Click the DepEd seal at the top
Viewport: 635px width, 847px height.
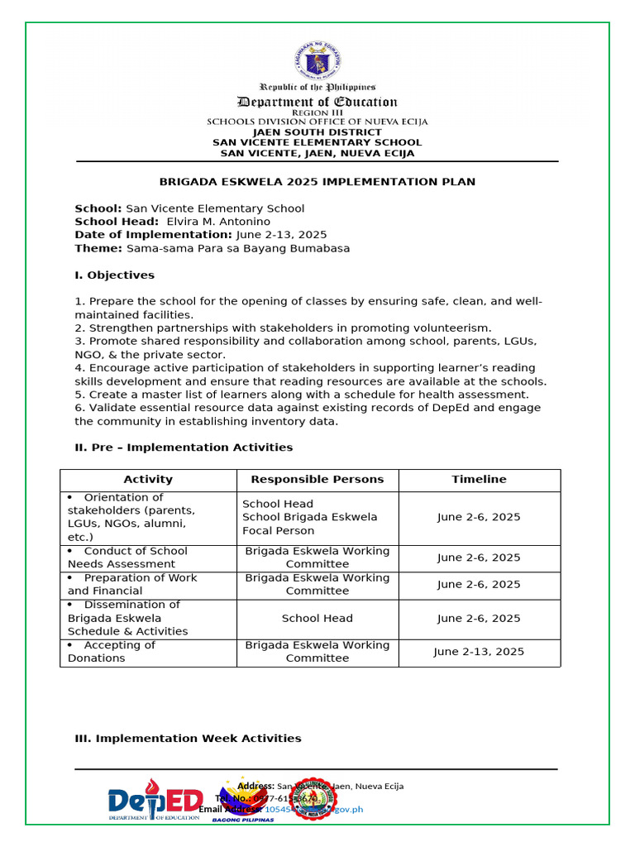(317, 57)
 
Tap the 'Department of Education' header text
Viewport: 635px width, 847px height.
(317, 102)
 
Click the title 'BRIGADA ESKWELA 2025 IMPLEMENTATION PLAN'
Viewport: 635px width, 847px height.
(317, 182)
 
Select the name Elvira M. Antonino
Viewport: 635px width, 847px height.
(218, 222)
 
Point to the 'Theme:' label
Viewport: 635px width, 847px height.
(98, 248)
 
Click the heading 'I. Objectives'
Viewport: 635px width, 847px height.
(114, 275)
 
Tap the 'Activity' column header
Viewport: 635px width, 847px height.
(148, 480)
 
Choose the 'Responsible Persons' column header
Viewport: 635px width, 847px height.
(317, 480)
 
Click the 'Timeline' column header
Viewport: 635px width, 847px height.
(479, 480)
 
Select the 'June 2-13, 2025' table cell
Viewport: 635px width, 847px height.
(479, 652)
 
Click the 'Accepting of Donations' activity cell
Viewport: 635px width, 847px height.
(148, 652)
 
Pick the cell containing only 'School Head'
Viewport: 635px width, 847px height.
(317, 618)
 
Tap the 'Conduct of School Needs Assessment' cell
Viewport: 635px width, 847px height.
(148, 557)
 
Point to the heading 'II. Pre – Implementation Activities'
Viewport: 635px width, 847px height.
(184, 447)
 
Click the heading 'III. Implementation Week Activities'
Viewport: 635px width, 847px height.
(188, 739)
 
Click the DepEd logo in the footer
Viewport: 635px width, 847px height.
(155, 802)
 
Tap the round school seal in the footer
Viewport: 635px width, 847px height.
(316, 800)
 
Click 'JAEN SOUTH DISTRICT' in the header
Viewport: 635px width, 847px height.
(317, 132)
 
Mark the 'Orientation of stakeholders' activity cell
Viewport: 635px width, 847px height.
(148, 517)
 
